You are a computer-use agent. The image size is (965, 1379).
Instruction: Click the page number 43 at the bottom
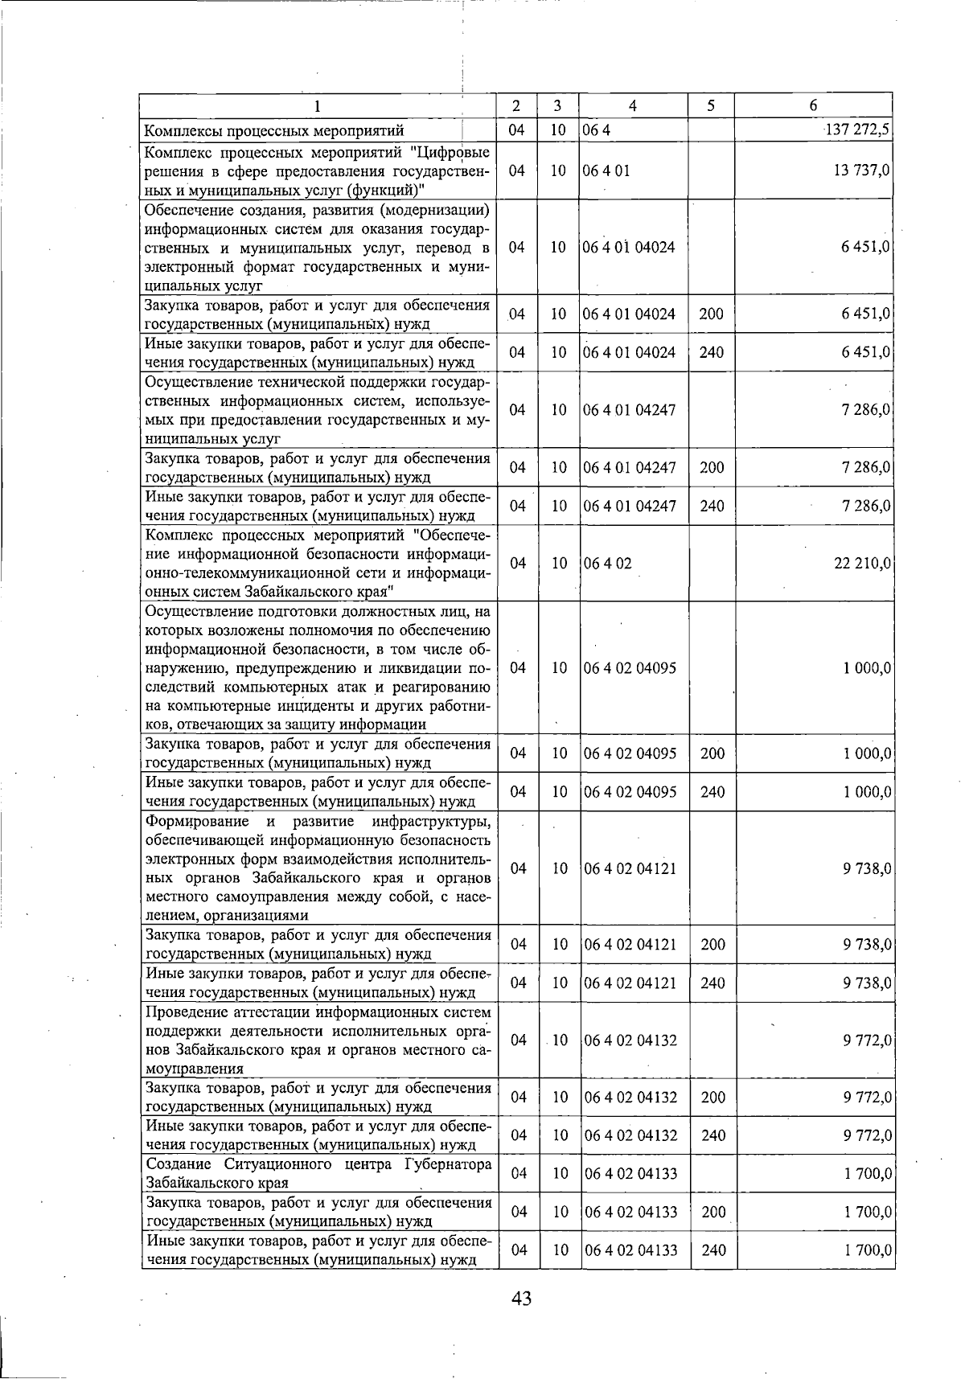[x=521, y=1297]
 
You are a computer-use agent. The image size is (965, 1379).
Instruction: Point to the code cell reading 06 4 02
[x=608, y=564]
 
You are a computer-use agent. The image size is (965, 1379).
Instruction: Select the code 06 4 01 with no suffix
[x=608, y=170]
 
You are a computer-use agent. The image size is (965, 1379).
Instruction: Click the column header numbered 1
[x=317, y=105]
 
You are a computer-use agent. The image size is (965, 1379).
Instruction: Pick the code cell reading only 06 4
[x=597, y=130]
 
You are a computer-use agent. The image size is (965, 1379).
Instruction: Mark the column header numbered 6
[x=813, y=105]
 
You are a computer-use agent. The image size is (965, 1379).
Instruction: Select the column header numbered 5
[x=711, y=105]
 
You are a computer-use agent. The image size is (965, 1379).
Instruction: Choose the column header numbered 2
[x=516, y=105]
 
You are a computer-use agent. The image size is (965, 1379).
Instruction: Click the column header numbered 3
[x=557, y=105]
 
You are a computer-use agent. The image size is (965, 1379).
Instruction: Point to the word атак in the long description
[x=350, y=687]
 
